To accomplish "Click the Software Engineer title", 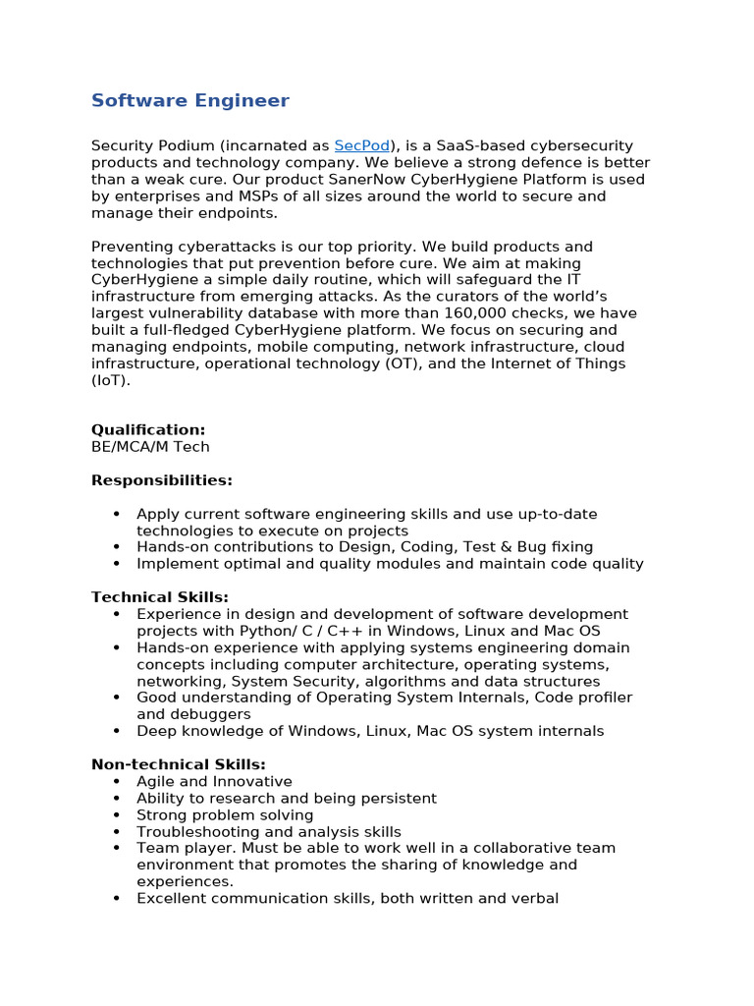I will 189,101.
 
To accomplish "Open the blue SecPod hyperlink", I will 361,145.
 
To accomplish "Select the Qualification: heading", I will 148,429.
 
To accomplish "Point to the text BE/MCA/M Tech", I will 150,447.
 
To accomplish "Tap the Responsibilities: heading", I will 162,480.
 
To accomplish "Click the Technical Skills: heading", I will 159,597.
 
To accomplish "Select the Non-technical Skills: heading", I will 179,764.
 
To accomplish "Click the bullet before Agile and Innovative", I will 117,782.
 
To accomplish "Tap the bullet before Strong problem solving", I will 117,815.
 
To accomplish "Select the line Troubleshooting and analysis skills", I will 269,832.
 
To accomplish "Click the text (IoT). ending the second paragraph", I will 111,380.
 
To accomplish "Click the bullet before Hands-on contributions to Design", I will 117,547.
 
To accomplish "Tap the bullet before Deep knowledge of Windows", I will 117,731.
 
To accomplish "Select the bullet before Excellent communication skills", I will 117,899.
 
